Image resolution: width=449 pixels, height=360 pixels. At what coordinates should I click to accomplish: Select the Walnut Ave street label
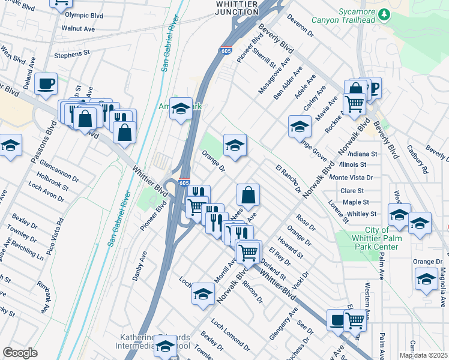78,28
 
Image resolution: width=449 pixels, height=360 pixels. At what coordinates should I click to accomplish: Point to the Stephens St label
71,54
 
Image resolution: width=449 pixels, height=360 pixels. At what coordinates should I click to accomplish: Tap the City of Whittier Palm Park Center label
381,239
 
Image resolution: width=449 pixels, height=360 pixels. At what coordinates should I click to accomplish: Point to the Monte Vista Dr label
352,178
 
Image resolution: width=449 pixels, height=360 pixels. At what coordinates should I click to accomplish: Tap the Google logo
20,353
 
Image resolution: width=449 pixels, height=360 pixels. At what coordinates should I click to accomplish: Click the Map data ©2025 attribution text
423,355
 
